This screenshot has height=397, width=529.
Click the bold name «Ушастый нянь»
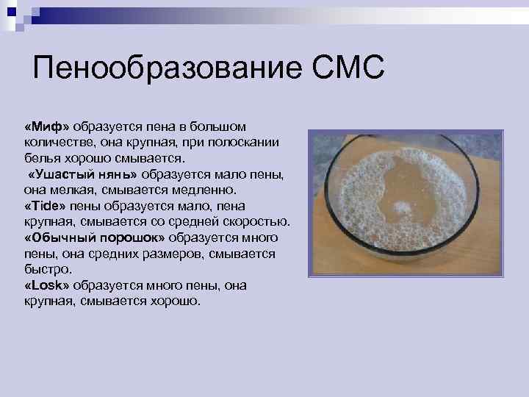[82, 175]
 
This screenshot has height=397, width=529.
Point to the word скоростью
[261, 222]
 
